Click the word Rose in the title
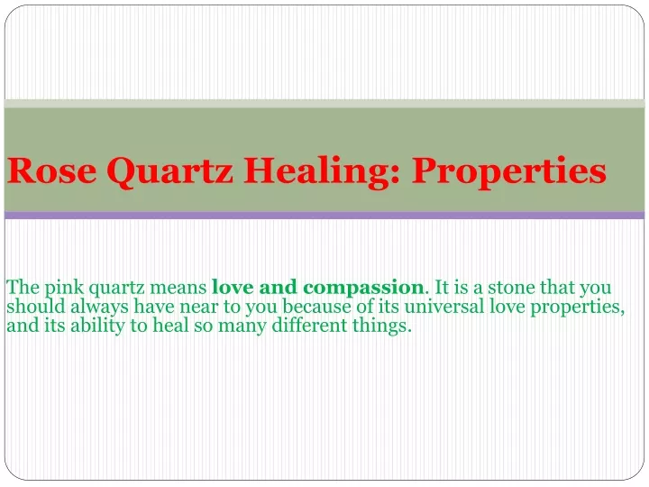click(x=52, y=170)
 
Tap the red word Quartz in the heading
click(x=169, y=172)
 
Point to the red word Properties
click(x=509, y=172)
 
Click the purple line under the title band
click(x=324, y=215)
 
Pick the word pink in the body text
click(x=64, y=289)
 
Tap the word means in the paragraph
click(x=178, y=288)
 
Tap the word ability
click(x=97, y=326)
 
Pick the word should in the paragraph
click(x=36, y=307)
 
